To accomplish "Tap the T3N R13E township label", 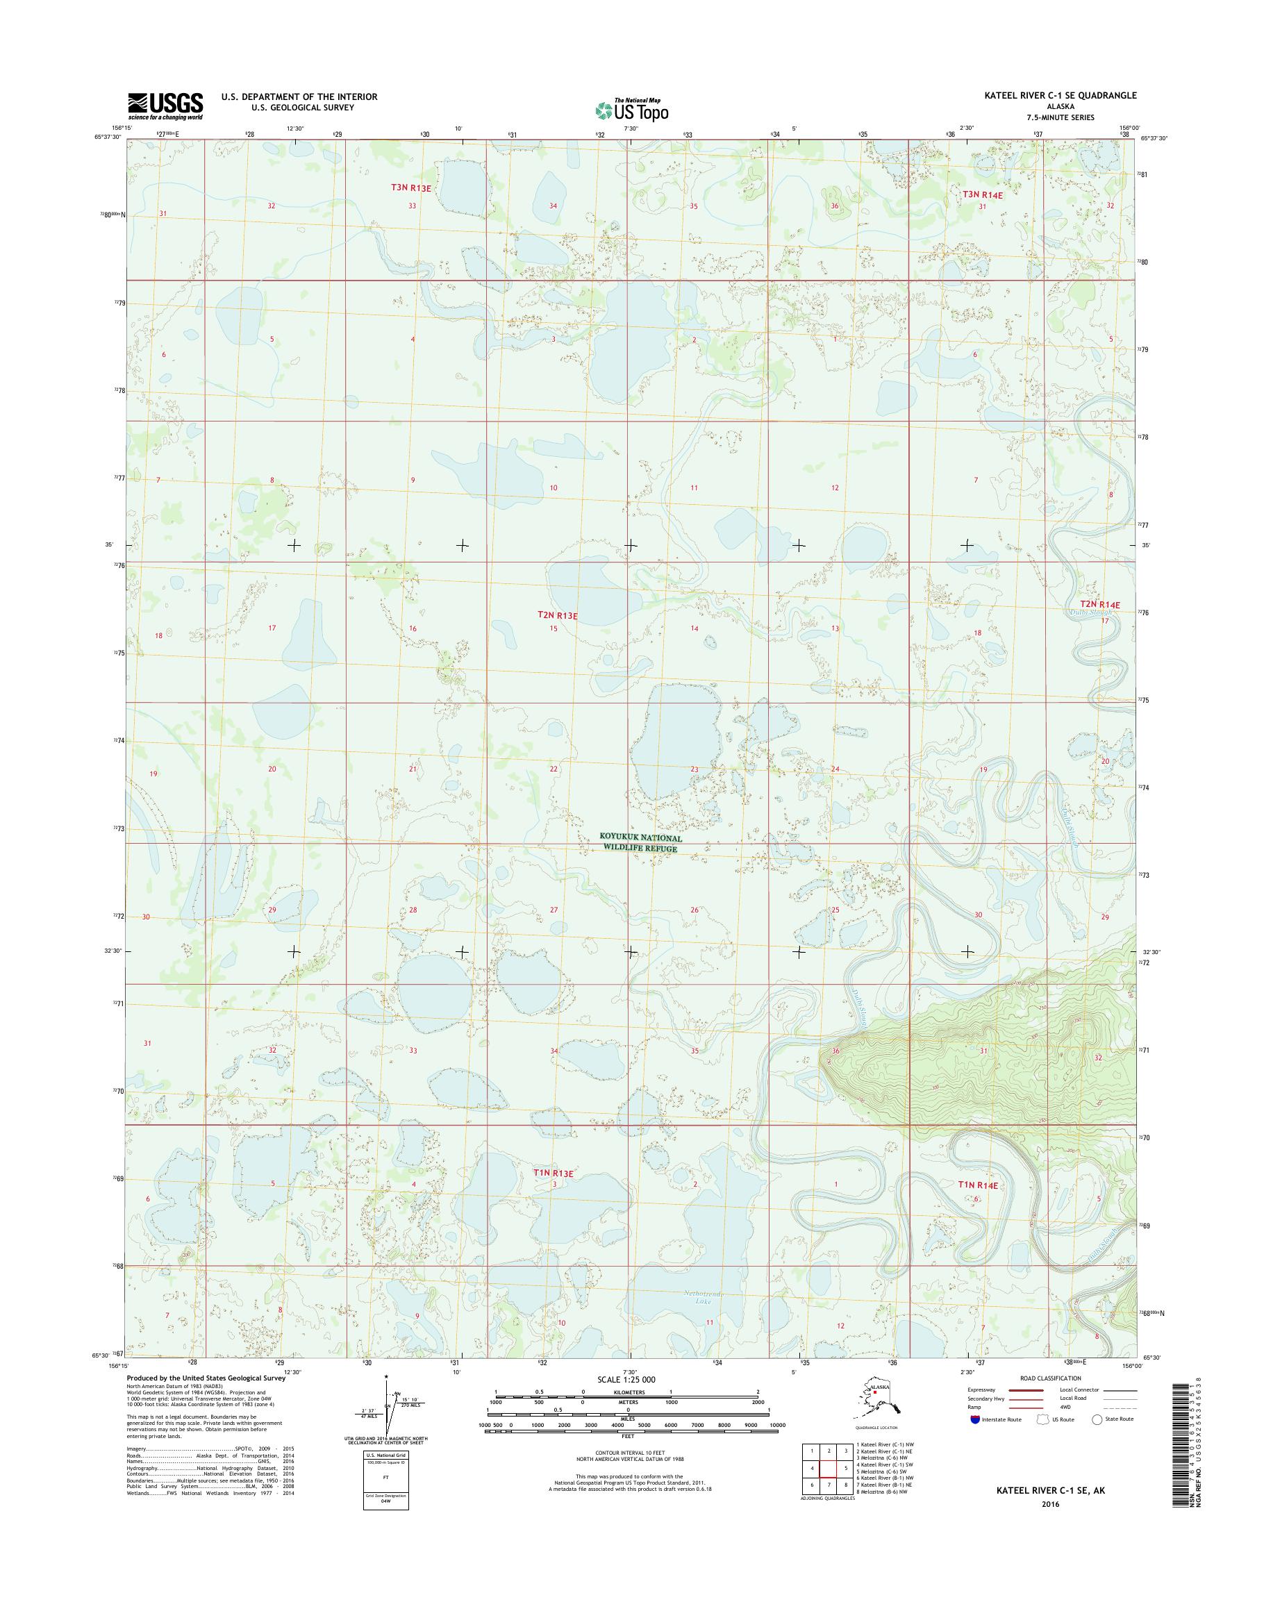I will coord(410,188).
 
